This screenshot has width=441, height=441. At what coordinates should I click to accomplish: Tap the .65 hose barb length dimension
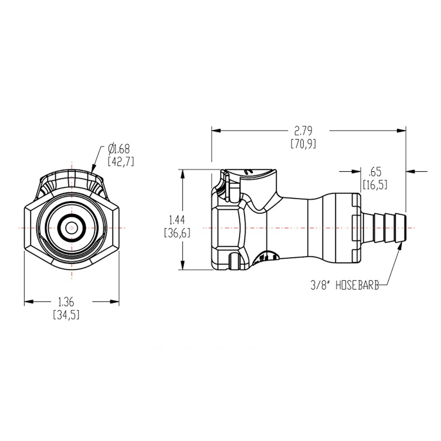click(x=376, y=172)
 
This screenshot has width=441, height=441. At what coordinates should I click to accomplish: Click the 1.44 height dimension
click(x=175, y=220)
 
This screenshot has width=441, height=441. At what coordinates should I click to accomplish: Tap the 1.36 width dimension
click(x=66, y=303)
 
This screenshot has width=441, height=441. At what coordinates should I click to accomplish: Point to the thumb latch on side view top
click(x=249, y=173)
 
